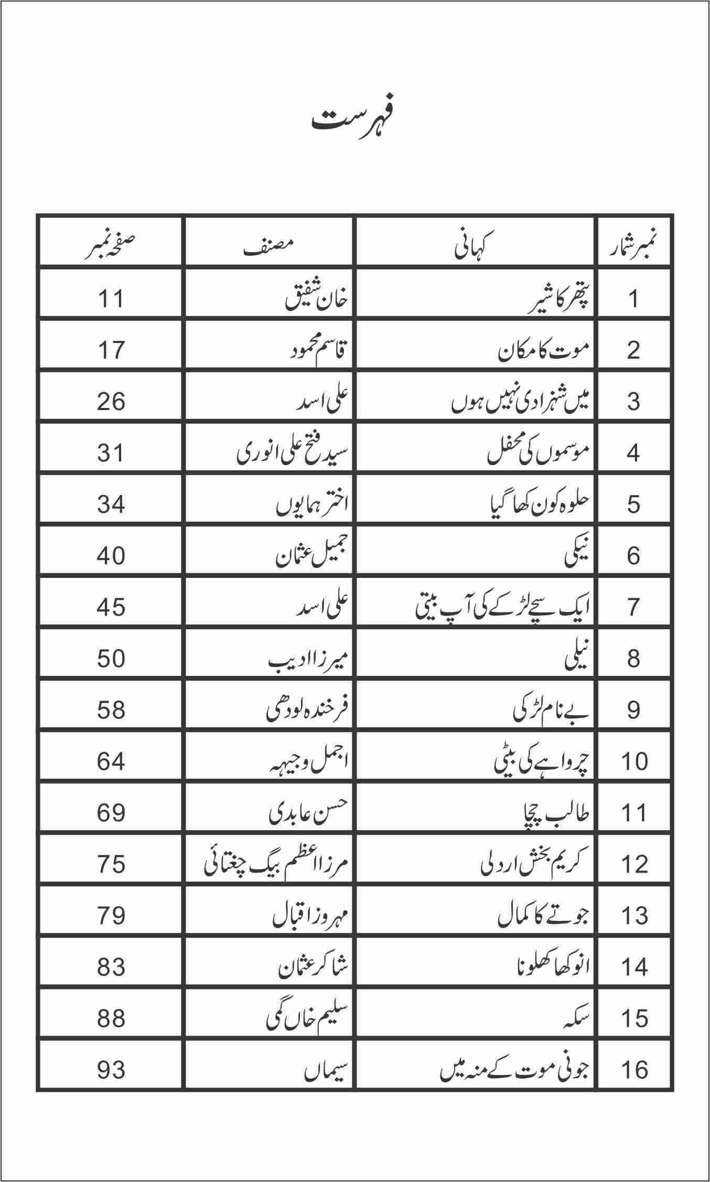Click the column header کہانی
point(475,246)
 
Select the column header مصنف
point(268,246)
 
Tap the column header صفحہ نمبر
point(111,246)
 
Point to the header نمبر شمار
point(633,246)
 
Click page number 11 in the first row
point(111,299)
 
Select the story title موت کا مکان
point(544,350)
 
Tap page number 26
point(111,402)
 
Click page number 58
point(111,710)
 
